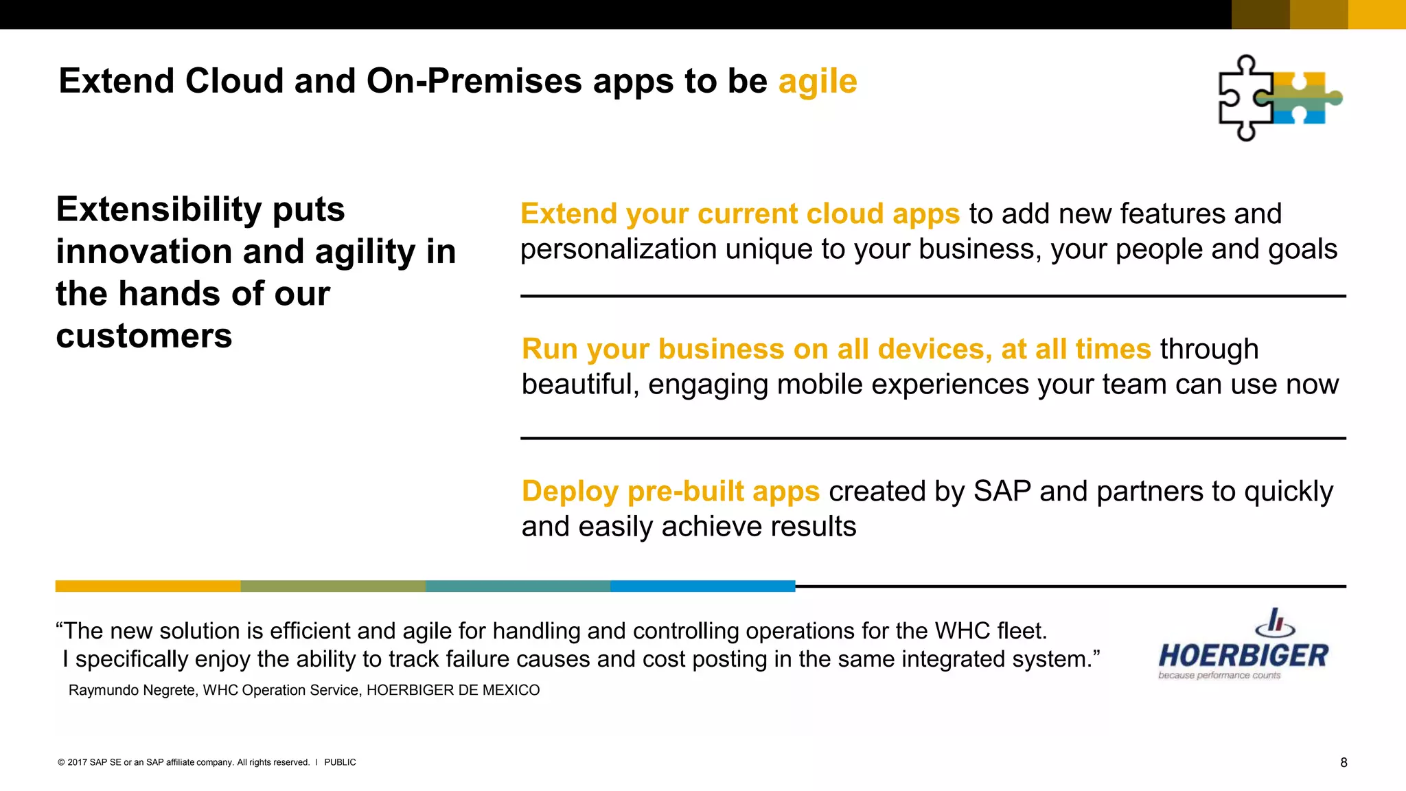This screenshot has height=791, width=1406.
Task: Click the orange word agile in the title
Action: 817,82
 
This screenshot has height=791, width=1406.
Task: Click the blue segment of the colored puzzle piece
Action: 1308,117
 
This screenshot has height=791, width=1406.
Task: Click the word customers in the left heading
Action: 144,336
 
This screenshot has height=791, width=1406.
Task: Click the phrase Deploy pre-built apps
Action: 670,492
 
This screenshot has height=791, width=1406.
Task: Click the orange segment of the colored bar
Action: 148,586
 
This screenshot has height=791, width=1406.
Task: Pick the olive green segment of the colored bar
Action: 333,586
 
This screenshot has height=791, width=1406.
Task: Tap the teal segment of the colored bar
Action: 518,586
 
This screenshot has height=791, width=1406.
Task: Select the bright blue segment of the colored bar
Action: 702,586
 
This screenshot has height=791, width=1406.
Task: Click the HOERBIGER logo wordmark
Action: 1243,656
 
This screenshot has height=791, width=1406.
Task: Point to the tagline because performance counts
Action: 1219,676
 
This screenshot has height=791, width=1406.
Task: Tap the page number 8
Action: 1344,762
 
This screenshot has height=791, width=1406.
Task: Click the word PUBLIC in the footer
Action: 340,762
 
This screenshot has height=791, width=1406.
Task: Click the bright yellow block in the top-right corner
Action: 1376,14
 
